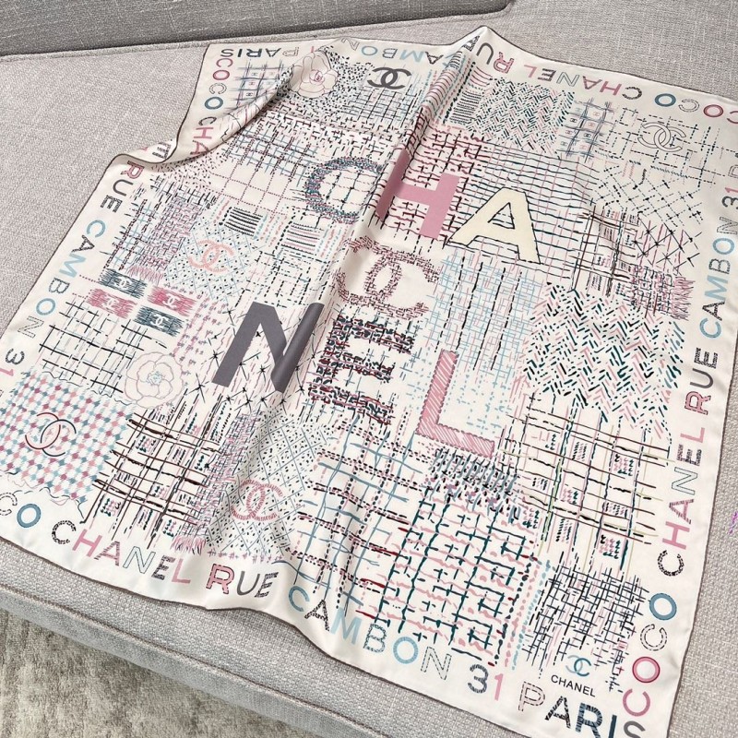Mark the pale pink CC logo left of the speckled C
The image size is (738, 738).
pos(211,255)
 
